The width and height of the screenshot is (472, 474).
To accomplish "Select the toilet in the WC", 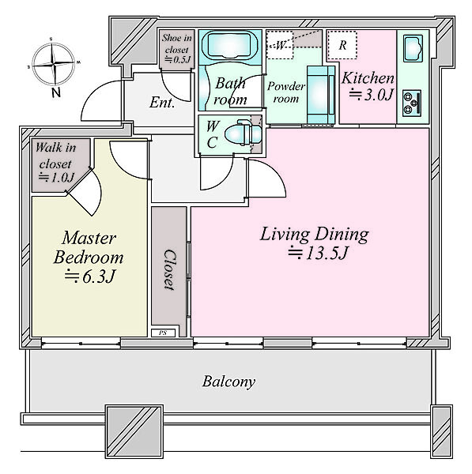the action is coord(243,132).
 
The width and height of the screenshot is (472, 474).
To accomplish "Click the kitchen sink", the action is coord(413,48).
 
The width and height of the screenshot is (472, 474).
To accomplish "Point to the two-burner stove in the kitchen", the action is coord(412,103).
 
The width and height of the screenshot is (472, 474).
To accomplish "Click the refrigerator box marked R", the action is coord(342,45).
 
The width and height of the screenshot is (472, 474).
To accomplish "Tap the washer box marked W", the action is coord(280,45).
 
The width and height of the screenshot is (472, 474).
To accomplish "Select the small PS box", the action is coord(163,333).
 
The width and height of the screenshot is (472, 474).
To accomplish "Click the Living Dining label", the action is coord(315,234).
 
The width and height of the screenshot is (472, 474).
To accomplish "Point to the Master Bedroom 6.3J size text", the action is coord(90,276).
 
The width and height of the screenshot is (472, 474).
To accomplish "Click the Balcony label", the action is coord(228,382).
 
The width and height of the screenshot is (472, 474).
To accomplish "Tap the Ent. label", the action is coord(162,102).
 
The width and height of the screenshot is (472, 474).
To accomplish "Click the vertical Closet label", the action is coord(169,269).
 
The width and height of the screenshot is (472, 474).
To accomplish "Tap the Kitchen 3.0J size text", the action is coord(371,95).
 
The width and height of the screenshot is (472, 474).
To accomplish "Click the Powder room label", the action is coord(286,92).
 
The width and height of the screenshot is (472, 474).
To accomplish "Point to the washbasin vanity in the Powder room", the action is coord(321,95).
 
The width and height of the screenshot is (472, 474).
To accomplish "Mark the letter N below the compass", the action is coord(56,92).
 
